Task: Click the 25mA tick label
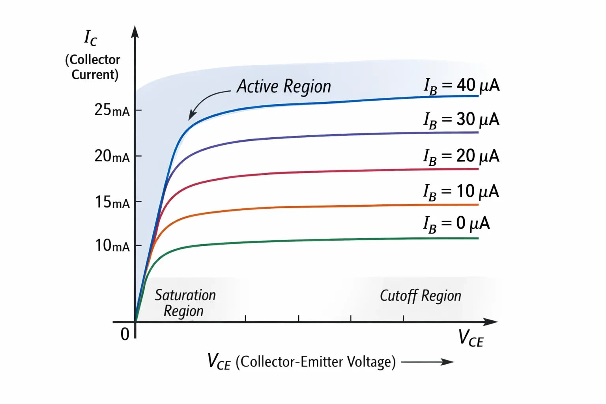(112, 110)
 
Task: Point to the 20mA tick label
(112, 156)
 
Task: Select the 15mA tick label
(112, 202)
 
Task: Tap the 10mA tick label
(112, 246)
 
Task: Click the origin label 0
(125, 334)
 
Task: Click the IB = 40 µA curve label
(462, 86)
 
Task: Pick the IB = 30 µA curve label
(462, 120)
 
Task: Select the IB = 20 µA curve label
(462, 157)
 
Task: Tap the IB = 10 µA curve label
(461, 193)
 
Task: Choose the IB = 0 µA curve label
(456, 224)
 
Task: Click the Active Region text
(284, 86)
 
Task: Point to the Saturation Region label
(185, 303)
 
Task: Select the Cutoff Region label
(421, 296)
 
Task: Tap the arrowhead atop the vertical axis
(135, 32)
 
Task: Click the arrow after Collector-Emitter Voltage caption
(427, 362)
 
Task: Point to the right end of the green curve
(478, 238)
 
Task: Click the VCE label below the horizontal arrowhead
(471, 339)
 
